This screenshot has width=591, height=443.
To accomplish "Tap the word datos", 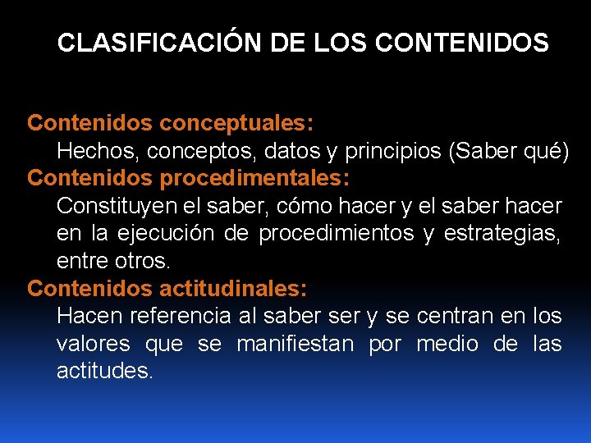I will point(282,151).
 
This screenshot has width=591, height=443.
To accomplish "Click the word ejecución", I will point(158,234).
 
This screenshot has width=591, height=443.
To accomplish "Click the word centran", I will point(455,317).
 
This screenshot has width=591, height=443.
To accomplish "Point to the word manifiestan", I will point(295,345).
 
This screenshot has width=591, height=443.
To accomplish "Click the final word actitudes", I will point(104,372).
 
